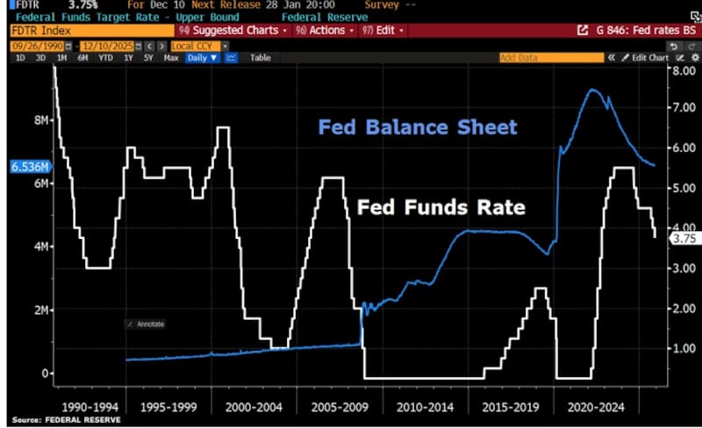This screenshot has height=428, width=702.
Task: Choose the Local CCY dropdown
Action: (200, 45)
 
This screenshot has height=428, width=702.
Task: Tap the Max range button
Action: (171, 58)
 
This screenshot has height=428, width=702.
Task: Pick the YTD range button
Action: (105, 58)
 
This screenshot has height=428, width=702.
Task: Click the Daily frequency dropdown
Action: (202, 58)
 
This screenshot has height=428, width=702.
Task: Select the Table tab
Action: (261, 58)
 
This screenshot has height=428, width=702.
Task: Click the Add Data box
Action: (539, 58)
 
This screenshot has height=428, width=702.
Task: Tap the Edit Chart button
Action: (649, 58)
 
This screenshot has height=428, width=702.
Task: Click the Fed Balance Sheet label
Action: (418, 127)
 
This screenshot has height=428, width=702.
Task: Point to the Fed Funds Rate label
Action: (440, 207)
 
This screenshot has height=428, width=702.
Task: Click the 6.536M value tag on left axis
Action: (30, 166)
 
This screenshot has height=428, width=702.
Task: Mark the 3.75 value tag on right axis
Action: (682, 237)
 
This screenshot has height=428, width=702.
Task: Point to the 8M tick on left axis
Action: (40, 120)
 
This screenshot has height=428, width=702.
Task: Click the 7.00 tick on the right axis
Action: (683, 107)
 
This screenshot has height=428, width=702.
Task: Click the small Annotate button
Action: (146, 324)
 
